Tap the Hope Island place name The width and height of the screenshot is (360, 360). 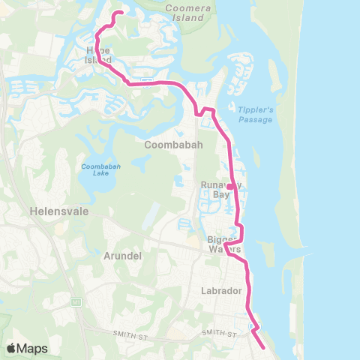[98, 55]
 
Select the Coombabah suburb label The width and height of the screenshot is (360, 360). [174, 145]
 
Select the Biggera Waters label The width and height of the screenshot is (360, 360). [223, 244]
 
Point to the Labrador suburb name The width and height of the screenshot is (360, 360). [221, 290]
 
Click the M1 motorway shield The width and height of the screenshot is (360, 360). [76, 301]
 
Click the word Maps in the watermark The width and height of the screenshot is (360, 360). [33, 348]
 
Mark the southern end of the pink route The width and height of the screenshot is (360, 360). [264, 347]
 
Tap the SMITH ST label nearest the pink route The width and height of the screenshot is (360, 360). [218, 331]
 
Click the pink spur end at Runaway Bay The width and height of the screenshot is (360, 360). [229, 187]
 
